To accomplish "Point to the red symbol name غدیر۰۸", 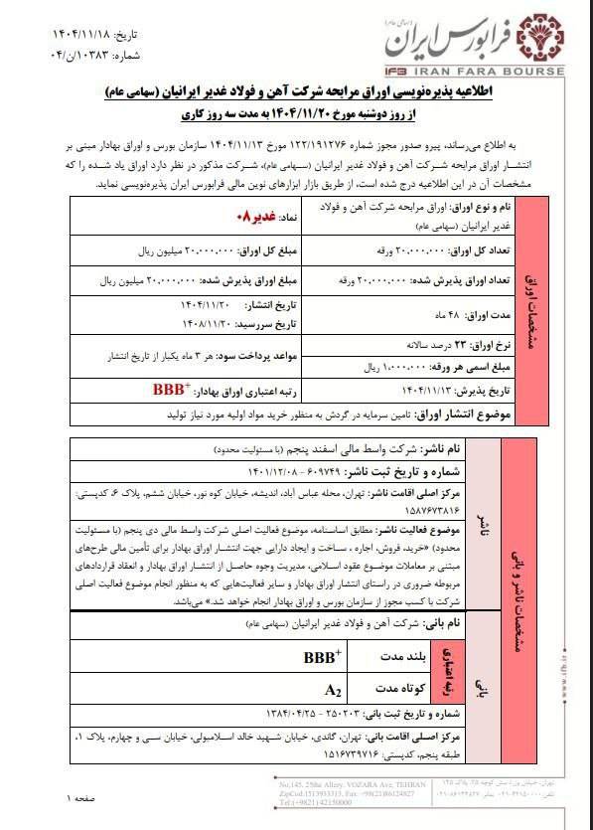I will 247,216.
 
